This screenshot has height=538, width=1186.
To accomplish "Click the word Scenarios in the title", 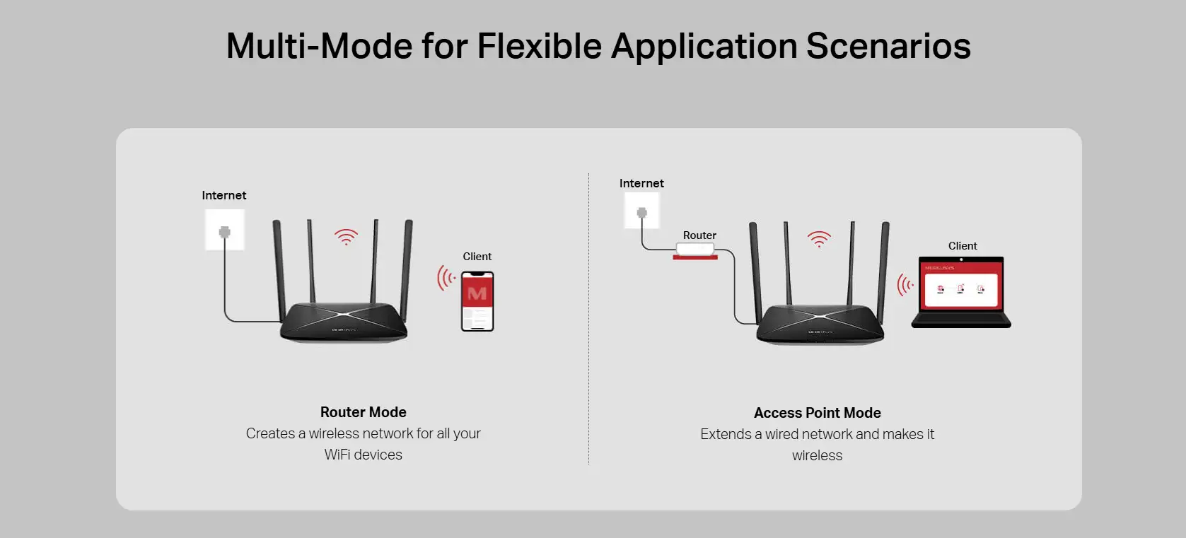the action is (x=888, y=46).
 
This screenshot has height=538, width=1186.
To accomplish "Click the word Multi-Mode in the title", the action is (x=319, y=46).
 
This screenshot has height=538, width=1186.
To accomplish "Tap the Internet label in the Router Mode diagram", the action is (x=224, y=195).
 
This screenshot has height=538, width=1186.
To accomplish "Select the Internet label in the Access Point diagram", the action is (x=641, y=183).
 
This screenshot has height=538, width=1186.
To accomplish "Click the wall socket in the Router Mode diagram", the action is (x=224, y=230).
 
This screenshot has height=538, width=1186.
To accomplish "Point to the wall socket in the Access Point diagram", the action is (x=641, y=211).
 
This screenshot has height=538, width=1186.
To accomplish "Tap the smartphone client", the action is (x=477, y=301).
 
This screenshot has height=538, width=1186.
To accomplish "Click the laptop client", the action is (x=961, y=292).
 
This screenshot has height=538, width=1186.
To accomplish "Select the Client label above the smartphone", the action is (x=477, y=257).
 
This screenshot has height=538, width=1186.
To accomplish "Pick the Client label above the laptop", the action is (x=963, y=246).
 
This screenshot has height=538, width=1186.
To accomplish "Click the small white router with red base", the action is (x=695, y=251).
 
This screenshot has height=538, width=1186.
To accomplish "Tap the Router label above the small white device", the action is (x=699, y=235).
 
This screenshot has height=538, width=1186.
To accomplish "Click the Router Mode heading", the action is (x=364, y=412).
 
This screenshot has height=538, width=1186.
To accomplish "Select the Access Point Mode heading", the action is (x=818, y=413).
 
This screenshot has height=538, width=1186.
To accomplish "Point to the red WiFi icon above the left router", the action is (x=346, y=237).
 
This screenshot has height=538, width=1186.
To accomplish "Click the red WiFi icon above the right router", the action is (x=819, y=240).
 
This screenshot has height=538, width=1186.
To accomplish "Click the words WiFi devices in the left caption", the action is (x=364, y=455).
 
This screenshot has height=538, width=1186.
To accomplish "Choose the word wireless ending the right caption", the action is (x=818, y=455).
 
